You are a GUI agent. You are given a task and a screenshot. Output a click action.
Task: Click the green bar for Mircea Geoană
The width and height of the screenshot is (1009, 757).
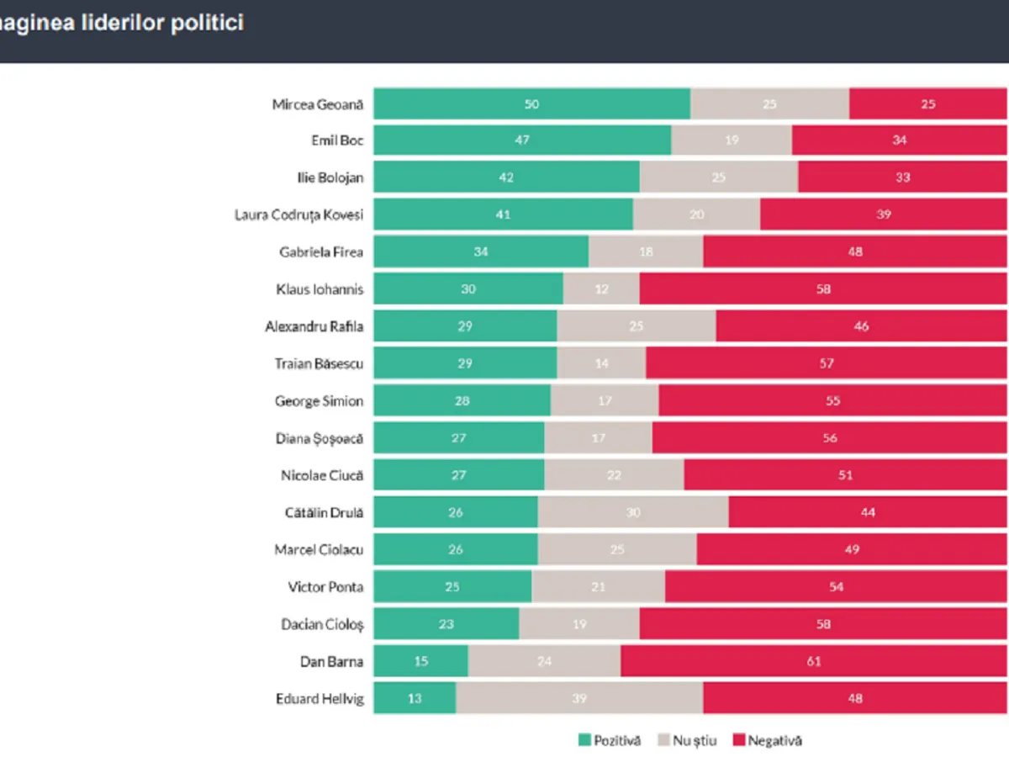coord(531,103)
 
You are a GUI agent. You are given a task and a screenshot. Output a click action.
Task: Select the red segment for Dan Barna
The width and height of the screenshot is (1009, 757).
coord(814,661)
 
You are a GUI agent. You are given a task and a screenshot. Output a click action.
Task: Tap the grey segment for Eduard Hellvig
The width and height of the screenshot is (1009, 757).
coord(579,698)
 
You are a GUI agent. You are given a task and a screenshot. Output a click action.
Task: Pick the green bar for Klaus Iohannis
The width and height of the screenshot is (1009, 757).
coord(468,289)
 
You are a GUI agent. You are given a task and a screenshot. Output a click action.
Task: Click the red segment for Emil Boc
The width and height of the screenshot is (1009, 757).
coord(900,140)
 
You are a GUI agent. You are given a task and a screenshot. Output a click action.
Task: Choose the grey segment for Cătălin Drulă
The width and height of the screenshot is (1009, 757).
coord(633,512)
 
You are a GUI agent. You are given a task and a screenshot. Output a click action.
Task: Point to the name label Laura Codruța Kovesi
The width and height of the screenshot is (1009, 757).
coord(298,215)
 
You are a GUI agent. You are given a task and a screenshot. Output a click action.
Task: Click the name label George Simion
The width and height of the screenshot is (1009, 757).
coord(319,401)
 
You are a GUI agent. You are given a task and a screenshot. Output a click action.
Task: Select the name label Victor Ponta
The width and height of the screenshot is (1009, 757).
coord(325,587)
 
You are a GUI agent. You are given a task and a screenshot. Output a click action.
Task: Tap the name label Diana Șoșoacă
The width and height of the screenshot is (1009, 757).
coord(320,438)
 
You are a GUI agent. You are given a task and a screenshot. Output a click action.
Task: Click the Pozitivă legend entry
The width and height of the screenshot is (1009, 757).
coord(610,740)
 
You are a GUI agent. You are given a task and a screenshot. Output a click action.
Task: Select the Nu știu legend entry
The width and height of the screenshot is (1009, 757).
coord(687,740)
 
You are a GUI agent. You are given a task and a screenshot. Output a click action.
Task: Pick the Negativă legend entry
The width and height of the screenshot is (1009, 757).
coord(766,740)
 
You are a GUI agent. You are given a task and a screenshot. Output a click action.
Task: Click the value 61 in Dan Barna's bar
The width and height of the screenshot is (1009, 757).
coord(814,661)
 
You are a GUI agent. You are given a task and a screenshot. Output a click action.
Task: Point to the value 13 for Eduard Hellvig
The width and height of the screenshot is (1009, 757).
coord(415,698)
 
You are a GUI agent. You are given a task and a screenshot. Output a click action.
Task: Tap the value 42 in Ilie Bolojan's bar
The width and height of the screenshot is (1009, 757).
coord(506,177)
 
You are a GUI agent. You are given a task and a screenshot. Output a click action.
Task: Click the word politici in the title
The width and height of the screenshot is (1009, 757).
coord(208,23)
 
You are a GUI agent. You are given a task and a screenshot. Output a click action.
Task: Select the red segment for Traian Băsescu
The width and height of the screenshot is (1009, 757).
coord(827,363)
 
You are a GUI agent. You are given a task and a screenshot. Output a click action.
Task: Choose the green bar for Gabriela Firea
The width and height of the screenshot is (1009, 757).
coord(481,251)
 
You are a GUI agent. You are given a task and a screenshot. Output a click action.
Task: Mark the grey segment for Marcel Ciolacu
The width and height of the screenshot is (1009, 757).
coord(617,550)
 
